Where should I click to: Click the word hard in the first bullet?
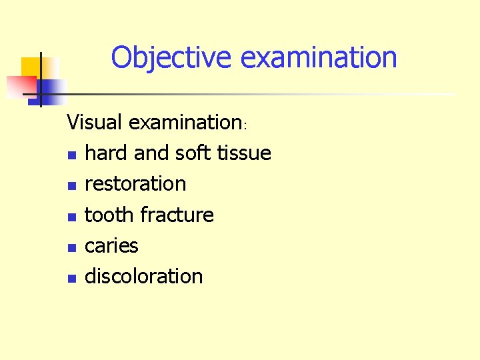tap(107, 153)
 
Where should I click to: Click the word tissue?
tap(244, 153)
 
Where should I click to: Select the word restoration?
tap(135, 184)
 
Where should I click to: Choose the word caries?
tap(111, 245)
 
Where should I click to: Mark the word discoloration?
tap(143, 276)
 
